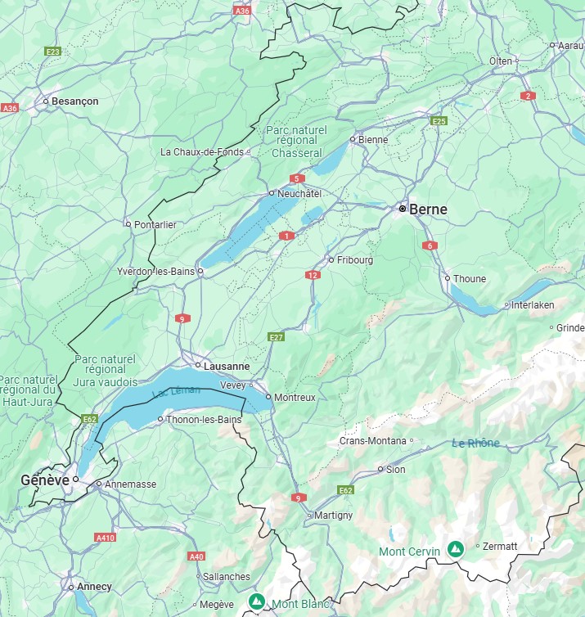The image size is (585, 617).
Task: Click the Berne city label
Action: [427, 209]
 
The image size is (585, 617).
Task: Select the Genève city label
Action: [45, 480]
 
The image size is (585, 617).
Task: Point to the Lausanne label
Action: [228, 367]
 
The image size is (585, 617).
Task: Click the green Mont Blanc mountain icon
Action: [257, 603]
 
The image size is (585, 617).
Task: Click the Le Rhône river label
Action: [475, 444]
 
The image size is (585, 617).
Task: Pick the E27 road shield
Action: [276, 337]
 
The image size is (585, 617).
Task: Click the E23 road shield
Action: [53, 52]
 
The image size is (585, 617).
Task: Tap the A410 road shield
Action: [105, 538]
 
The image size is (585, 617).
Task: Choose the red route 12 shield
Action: [313, 275]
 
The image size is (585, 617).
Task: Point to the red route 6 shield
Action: [430, 245]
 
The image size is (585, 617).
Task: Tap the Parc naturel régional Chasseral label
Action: [296, 142]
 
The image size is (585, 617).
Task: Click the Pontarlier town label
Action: [155, 224]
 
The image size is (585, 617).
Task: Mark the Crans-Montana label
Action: [372, 441]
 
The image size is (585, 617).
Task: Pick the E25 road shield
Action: [439, 121]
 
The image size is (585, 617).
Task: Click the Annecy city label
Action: [94, 587]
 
